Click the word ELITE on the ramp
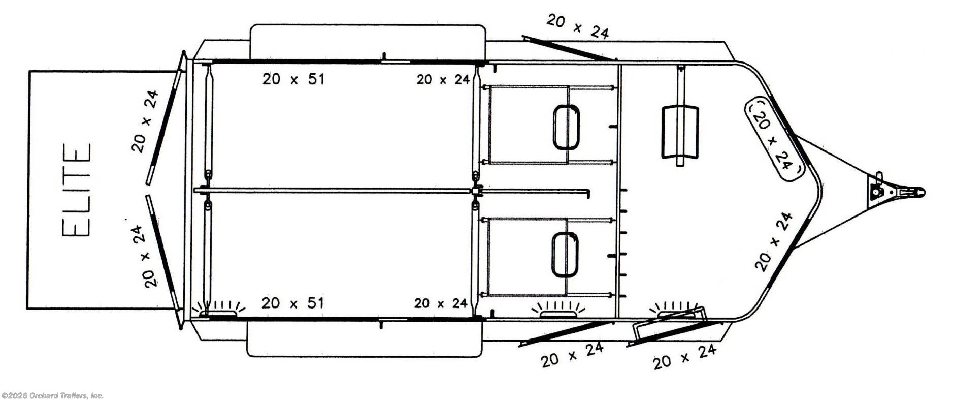pyautogui.click(x=76, y=190)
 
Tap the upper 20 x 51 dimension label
pyautogui.click(x=293, y=79)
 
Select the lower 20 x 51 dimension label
pyautogui.click(x=292, y=303)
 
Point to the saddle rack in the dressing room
pyautogui.click(x=680, y=132)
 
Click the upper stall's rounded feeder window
pyautogui.click(x=566, y=127)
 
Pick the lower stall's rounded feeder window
pyautogui.click(x=565, y=255)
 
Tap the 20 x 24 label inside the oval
pyautogui.click(x=772, y=139)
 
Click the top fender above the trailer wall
pyautogui.click(x=368, y=42)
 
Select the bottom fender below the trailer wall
pyautogui.click(x=364, y=338)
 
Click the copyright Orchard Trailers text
pyautogui.click(x=52, y=395)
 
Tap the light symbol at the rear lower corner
pyautogui.click(x=218, y=307)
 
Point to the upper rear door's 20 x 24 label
pyautogui.click(x=145, y=121)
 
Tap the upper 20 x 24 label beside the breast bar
pyautogui.click(x=443, y=79)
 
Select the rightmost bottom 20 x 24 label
pyautogui.click(x=684, y=357)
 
